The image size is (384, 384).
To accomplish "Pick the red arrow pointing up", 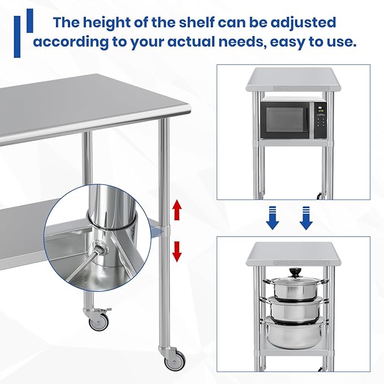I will click(177, 210).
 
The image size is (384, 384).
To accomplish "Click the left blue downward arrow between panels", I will click(273, 218).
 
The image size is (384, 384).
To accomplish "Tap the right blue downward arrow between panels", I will click(306, 218).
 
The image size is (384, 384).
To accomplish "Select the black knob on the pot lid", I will click(295, 273).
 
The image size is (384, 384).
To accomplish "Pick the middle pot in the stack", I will click(295, 308).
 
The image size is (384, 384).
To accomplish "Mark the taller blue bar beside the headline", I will click(17, 36).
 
